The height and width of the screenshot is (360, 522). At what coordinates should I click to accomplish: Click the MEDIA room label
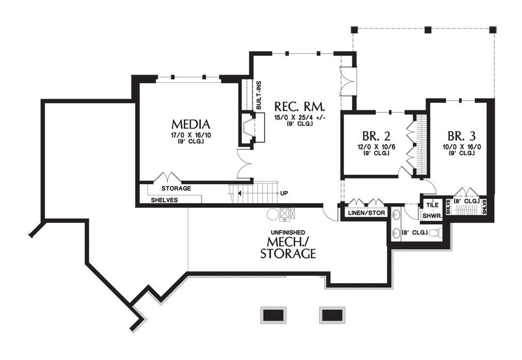point(191,124)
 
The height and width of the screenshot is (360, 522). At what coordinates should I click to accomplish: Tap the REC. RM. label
point(299,107)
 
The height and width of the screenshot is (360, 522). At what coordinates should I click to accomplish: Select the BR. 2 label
point(376,136)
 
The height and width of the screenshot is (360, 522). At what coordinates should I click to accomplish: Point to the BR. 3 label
point(461,136)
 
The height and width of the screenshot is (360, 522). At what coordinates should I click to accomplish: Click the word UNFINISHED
point(288,232)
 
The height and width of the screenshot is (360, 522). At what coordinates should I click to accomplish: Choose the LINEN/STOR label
point(366,213)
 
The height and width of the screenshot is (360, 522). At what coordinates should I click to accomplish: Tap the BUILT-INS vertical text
point(259,95)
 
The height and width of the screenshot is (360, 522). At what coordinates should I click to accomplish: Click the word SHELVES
point(164,201)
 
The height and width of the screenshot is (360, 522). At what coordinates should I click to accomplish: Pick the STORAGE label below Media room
point(176,188)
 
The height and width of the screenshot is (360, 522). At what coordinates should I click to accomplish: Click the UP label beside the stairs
point(284,193)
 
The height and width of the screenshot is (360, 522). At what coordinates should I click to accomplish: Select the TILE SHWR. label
point(432,210)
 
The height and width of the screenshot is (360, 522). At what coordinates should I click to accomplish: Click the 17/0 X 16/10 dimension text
point(191,135)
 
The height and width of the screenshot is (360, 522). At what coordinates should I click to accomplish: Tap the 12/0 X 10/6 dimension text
point(376,147)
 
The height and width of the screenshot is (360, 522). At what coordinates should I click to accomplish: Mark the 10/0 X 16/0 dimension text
point(461,147)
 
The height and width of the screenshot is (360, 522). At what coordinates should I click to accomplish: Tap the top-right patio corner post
point(493,29)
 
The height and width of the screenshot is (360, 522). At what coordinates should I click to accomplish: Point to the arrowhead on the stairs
point(239,193)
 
